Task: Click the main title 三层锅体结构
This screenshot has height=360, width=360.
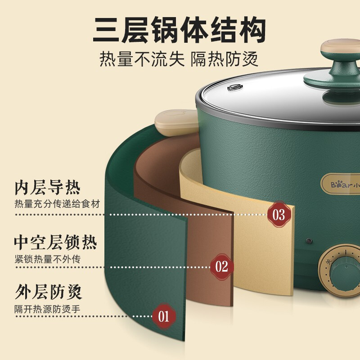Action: click(179, 29)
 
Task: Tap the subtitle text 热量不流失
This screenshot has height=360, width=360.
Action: click(142, 59)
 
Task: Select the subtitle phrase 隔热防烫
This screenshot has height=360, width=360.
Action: click(225, 59)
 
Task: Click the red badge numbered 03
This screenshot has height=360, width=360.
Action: click(279, 215)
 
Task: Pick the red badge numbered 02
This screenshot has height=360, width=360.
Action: click(222, 267)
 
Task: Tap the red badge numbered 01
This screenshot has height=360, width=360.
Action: click(164, 316)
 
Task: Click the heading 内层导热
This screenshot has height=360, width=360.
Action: click(48, 188)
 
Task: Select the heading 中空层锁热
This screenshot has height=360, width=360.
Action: click(55, 243)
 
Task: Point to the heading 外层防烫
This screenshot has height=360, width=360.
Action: click(49, 292)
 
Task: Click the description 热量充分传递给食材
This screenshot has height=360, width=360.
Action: click(58, 204)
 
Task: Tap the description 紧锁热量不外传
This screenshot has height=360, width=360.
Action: click(48, 259)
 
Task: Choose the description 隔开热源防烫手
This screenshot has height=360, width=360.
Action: click(47, 309)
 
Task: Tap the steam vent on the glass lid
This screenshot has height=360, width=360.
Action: click(235, 87)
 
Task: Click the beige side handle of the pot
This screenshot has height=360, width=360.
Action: click(176, 122)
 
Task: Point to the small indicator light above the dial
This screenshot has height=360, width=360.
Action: click(309, 241)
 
